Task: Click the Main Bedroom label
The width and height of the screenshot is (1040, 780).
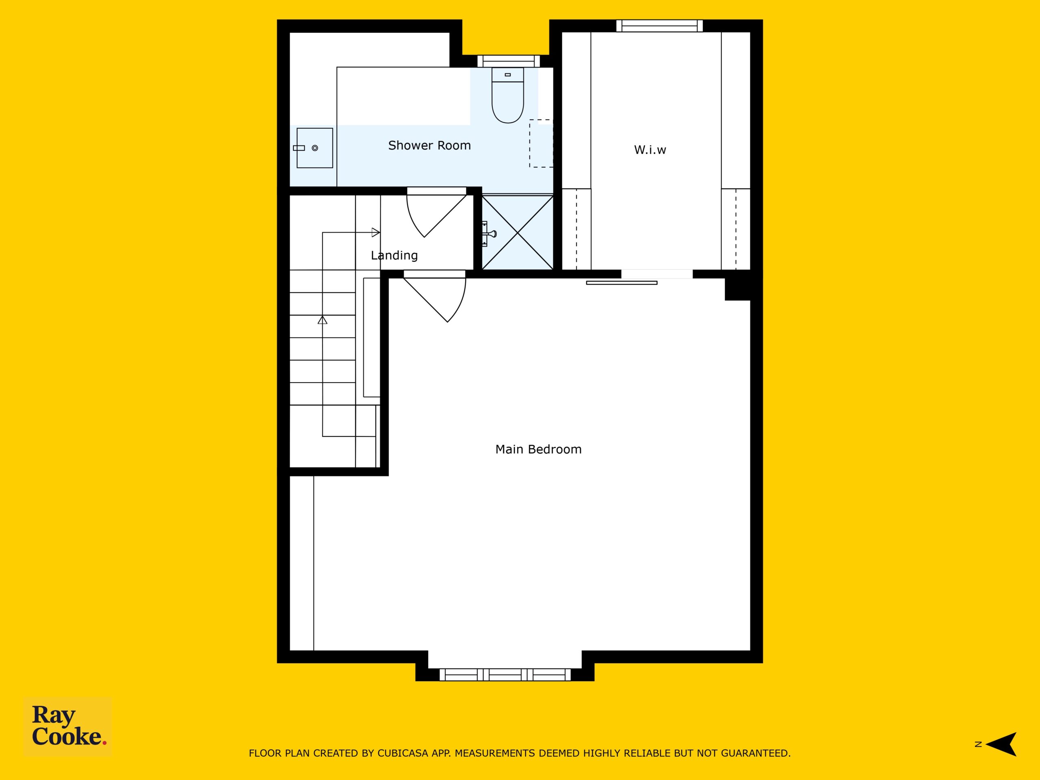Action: coord(538,449)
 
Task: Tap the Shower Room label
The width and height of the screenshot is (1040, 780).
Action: coord(429,146)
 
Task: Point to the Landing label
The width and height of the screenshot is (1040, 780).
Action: coord(394,255)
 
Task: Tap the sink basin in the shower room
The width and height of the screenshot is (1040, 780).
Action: coord(314,148)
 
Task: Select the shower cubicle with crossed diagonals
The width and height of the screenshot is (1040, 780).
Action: coord(518,233)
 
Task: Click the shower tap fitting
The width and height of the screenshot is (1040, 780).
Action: coord(489,233)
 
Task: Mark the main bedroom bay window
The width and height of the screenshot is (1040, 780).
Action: coord(505,675)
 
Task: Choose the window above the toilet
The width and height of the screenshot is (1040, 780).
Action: coord(508,61)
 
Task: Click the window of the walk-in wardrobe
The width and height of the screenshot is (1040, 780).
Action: coord(660,26)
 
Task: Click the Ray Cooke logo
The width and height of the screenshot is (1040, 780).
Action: coord(68,726)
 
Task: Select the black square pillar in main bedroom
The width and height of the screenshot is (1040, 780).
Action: coord(737,289)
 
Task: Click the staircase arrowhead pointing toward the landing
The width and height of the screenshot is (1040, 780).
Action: coord(376,232)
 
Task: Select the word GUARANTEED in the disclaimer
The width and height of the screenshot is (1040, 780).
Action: coord(756,753)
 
